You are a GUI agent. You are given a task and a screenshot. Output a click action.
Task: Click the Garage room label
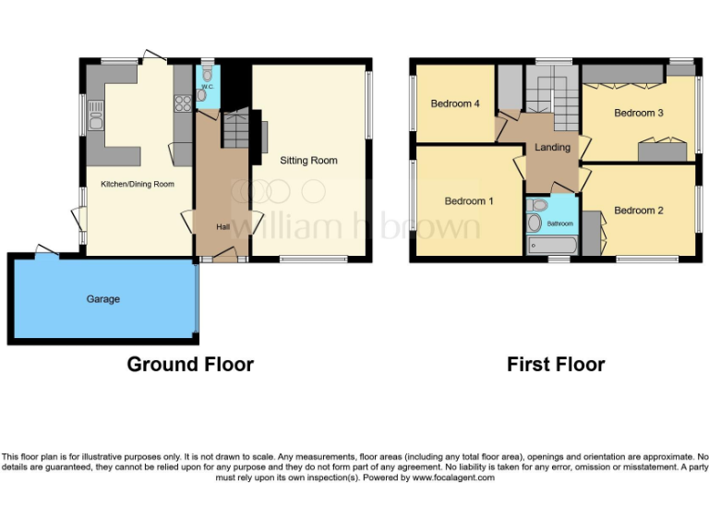103,299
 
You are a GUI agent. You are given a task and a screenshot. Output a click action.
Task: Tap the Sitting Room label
309,161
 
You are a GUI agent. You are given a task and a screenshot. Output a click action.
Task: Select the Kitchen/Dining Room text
138,184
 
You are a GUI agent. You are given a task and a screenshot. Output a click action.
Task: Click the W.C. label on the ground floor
207,87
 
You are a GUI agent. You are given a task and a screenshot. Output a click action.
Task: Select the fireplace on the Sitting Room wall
263,136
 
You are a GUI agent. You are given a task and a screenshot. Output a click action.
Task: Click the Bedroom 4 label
455,104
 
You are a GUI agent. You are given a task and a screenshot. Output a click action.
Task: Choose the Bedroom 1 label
469,201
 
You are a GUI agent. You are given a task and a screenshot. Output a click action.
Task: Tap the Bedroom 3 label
639,114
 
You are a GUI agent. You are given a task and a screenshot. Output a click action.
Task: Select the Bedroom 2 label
639,211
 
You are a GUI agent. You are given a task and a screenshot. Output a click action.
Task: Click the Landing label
552,147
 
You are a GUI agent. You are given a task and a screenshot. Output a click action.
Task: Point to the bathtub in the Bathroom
551,246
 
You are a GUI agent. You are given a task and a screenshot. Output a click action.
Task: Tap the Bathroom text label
559,224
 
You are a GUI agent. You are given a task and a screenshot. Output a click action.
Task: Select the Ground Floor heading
190,365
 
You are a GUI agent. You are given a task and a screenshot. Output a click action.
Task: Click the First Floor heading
556,365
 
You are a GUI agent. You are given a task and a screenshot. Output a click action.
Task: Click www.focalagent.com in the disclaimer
453,478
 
